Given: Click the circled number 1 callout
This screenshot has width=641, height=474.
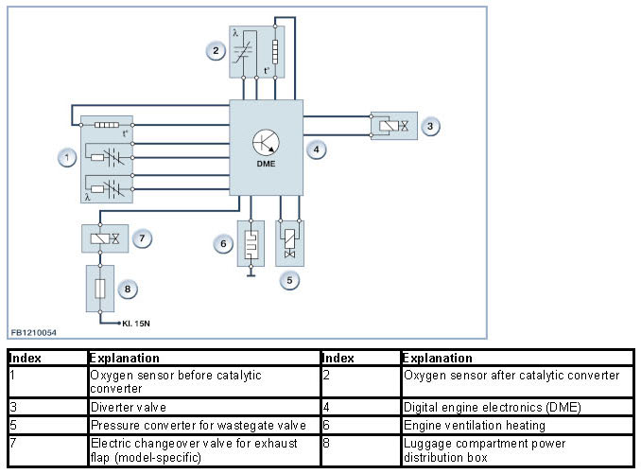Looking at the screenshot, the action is [67, 157].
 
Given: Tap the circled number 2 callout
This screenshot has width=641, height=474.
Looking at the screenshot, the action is [216, 51].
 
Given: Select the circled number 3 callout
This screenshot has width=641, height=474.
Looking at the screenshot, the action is [430, 127].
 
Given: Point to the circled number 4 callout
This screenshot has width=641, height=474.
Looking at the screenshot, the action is [316, 149].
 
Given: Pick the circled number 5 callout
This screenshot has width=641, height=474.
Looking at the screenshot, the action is [289, 281].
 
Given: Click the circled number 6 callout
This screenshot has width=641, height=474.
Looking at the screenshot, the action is [223, 244].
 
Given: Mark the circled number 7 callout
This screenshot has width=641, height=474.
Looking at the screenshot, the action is [142, 238].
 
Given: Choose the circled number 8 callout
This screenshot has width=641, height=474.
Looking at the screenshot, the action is [128, 290].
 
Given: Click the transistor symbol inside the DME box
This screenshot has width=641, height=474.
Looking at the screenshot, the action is [266, 143].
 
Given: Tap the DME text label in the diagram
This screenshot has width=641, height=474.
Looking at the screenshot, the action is [266, 164].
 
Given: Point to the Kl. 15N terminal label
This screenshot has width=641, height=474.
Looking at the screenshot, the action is [136, 324].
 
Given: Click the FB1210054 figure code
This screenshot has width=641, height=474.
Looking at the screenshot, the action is [33, 333].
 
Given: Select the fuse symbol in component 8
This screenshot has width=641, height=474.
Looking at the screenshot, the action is [100, 289].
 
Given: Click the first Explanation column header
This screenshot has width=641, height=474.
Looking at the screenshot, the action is [124, 359].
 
